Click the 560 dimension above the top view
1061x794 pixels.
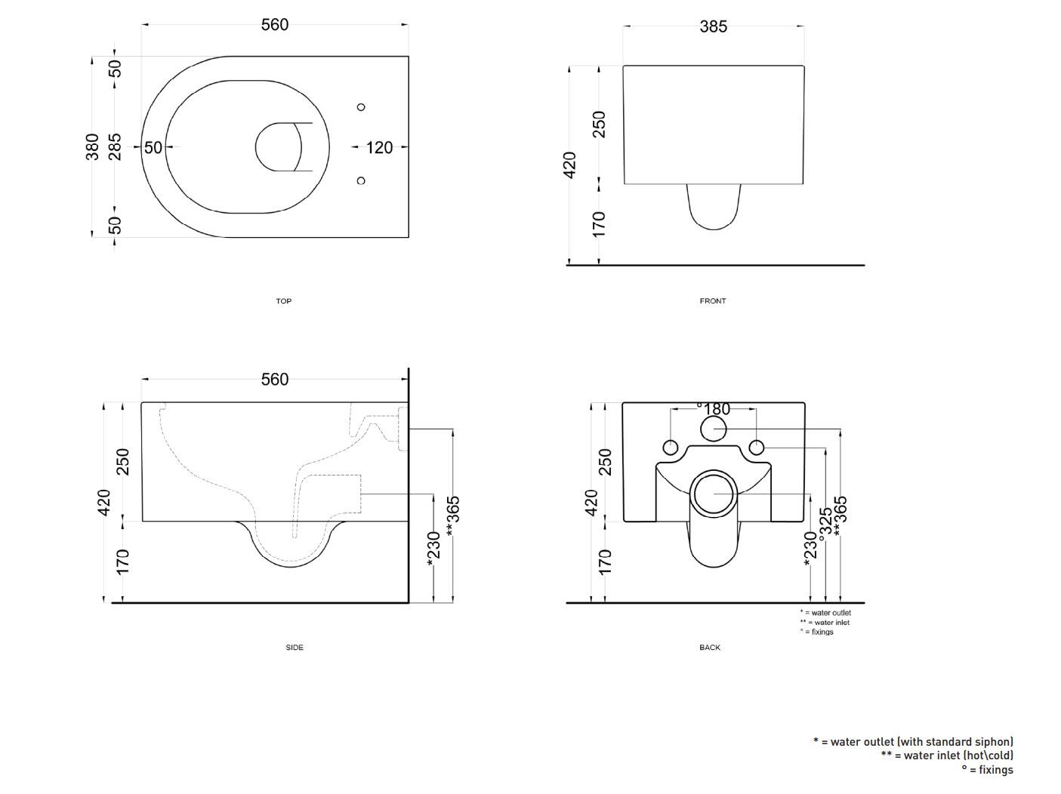pyautogui.click(x=275, y=25)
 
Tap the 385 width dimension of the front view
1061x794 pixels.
pyautogui.click(x=713, y=27)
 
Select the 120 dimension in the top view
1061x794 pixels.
pyautogui.click(x=379, y=147)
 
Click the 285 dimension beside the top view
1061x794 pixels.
pyautogui.click(x=115, y=146)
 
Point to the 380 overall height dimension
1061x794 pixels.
pyautogui.click(x=92, y=146)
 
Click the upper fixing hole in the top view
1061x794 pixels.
pyautogui.click(x=361, y=107)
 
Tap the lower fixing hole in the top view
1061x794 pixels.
pyautogui.click(x=361, y=180)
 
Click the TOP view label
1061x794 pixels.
pyautogui.click(x=283, y=301)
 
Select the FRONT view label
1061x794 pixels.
pyautogui.click(x=712, y=301)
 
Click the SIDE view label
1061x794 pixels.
pyautogui.click(x=295, y=648)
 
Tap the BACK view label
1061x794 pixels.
pyautogui.click(x=710, y=648)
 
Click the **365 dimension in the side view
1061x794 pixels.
pyautogui.click(x=452, y=515)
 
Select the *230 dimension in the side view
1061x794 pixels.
pyautogui.click(x=433, y=548)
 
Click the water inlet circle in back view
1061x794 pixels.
pyautogui.click(x=713, y=429)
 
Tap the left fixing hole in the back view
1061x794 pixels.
pyautogui.click(x=670, y=447)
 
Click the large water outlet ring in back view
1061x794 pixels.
pyautogui.click(x=713, y=493)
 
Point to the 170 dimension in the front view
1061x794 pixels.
pyautogui.click(x=599, y=224)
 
